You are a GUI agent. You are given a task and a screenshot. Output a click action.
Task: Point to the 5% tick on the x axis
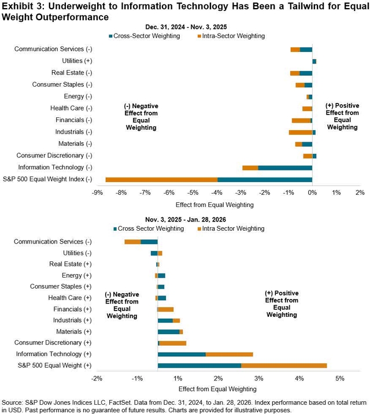[339, 379]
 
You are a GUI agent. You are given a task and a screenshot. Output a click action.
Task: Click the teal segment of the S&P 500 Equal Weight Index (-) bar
[265, 179]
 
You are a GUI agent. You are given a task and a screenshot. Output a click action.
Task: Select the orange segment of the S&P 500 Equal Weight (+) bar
[284, 365]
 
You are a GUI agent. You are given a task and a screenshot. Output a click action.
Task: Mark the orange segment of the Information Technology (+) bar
[230, 354]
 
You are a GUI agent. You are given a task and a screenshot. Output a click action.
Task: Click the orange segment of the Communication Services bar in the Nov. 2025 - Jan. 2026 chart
[132, 242]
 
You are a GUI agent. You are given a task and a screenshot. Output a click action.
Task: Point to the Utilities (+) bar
[314, 61]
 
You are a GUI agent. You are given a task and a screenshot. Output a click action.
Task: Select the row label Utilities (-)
[76, 253]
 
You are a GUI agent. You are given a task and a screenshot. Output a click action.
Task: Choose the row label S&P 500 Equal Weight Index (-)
[47, 179]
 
